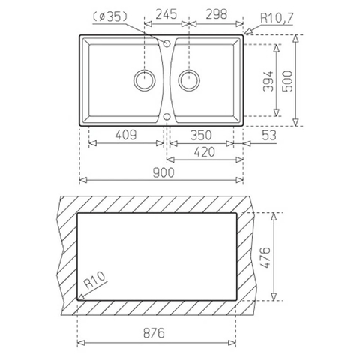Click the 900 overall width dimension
(x=163, y=172)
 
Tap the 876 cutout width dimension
(x=154, y=333)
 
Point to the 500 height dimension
(x=287, y=81)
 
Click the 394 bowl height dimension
(x=268, y=81)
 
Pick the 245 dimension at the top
(x=166, y=14)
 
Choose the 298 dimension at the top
(x=217, y=14)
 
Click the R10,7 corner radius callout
(x=277, y=18)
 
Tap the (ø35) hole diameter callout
(x=110, y=16)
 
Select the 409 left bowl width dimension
(x=126, y=135)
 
